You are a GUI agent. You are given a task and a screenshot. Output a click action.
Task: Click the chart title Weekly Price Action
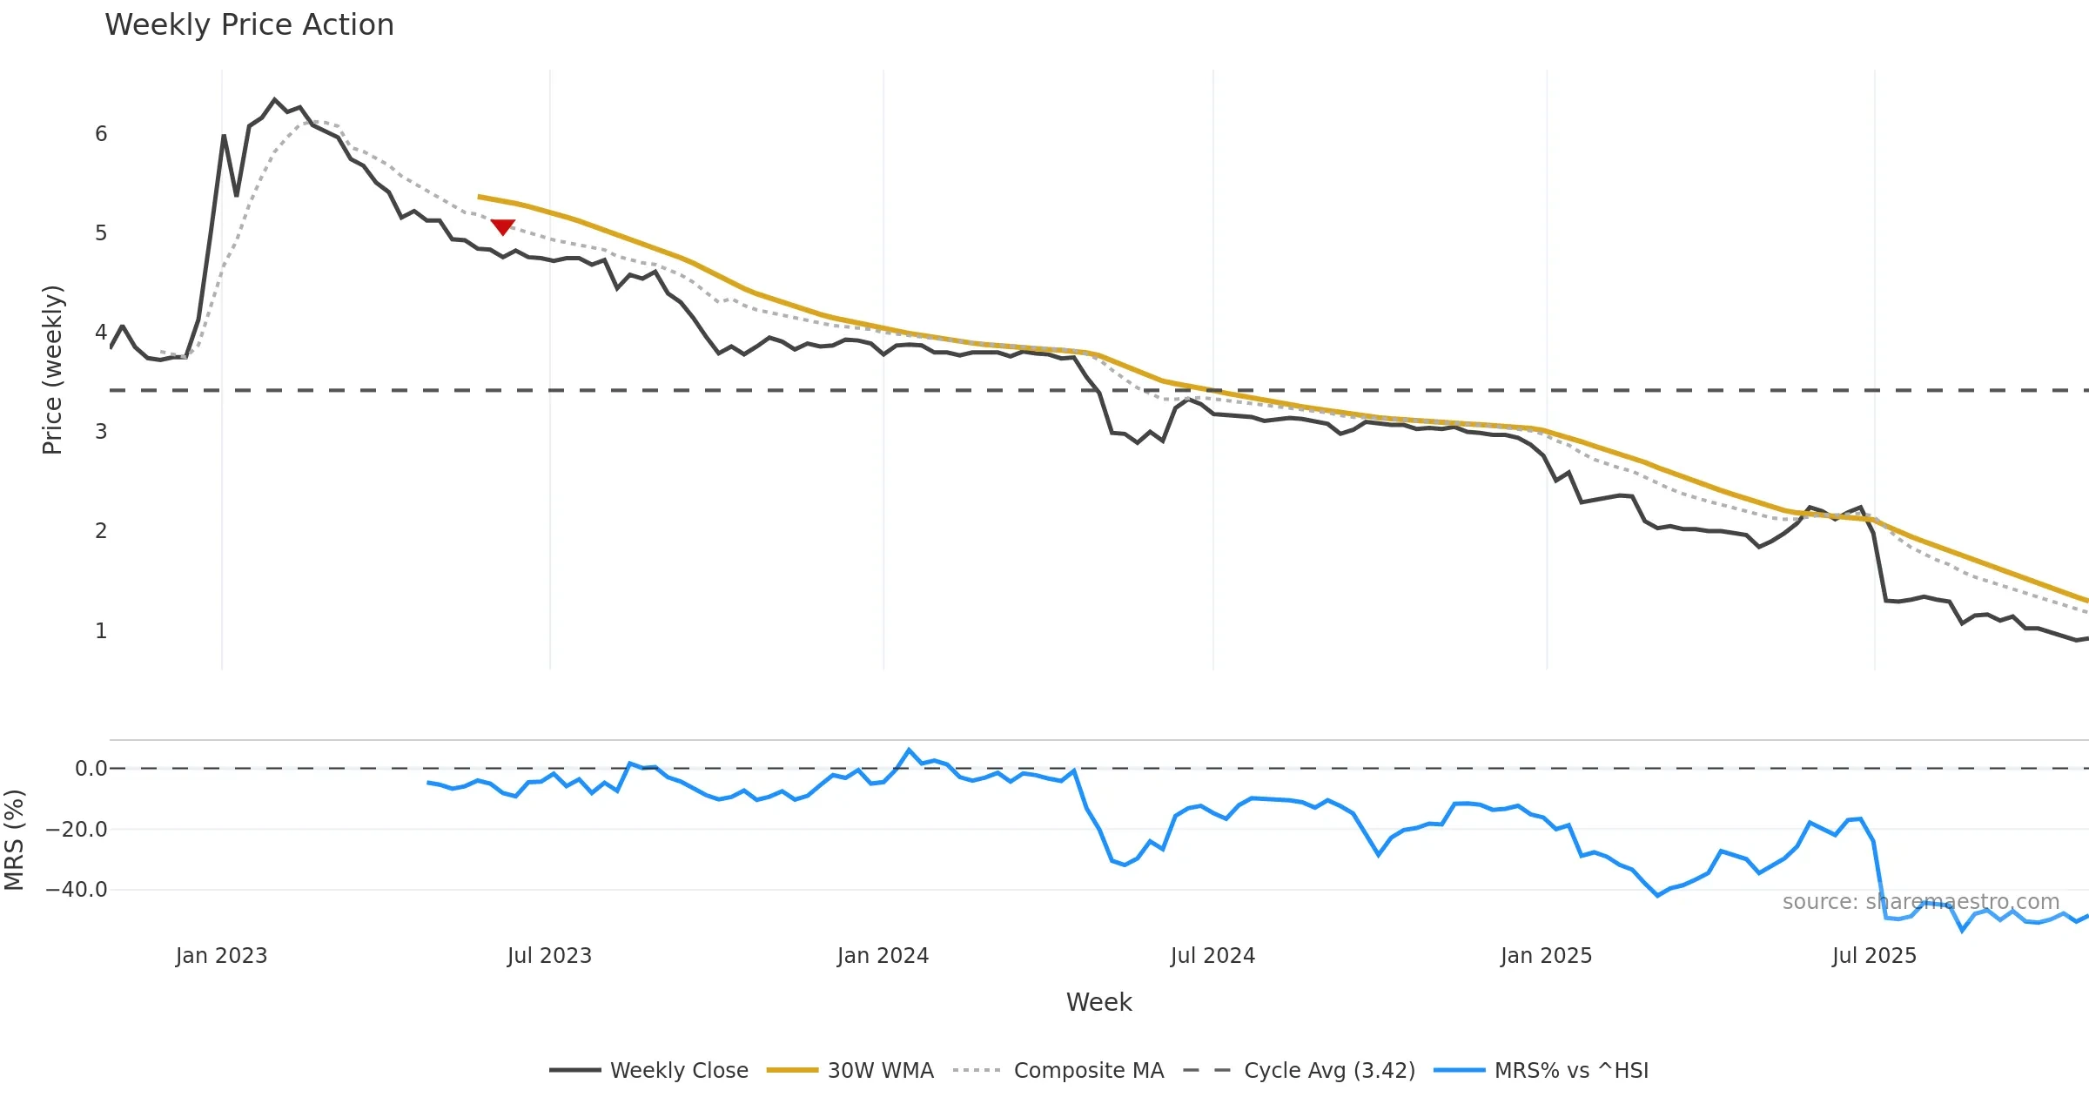click(x=249, y=25)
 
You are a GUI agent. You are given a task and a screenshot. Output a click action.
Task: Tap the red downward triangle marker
click(x=502, y=226)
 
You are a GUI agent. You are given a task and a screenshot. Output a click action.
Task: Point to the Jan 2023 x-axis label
click(x=221, y=956)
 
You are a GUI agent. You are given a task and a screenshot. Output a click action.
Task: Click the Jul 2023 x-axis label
click(x=549, y=956)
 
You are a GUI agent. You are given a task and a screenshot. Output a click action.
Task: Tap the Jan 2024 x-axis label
click(x=883, y=956)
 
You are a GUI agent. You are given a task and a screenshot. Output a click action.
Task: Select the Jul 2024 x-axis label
click(x=1212, y=956)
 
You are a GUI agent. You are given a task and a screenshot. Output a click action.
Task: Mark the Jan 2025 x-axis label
click(x=1546, y=956)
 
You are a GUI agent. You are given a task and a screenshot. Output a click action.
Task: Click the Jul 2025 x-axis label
click(x=1874, y=956)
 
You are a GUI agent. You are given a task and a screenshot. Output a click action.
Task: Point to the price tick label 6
click(x=101, y=134)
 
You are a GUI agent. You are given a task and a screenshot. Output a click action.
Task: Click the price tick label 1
click(x=101, y=631)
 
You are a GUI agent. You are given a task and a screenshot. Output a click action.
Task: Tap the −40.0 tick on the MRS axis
click(x=77, y=890)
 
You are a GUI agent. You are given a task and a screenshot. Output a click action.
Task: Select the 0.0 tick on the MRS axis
click(x=91, y=769)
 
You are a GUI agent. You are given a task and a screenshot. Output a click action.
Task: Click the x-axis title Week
click(x=1098, y=1003)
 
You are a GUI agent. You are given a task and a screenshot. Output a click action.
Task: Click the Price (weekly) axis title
click(x=52, y=370)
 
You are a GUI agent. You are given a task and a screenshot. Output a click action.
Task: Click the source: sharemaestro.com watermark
click(x=1920, y=902)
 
